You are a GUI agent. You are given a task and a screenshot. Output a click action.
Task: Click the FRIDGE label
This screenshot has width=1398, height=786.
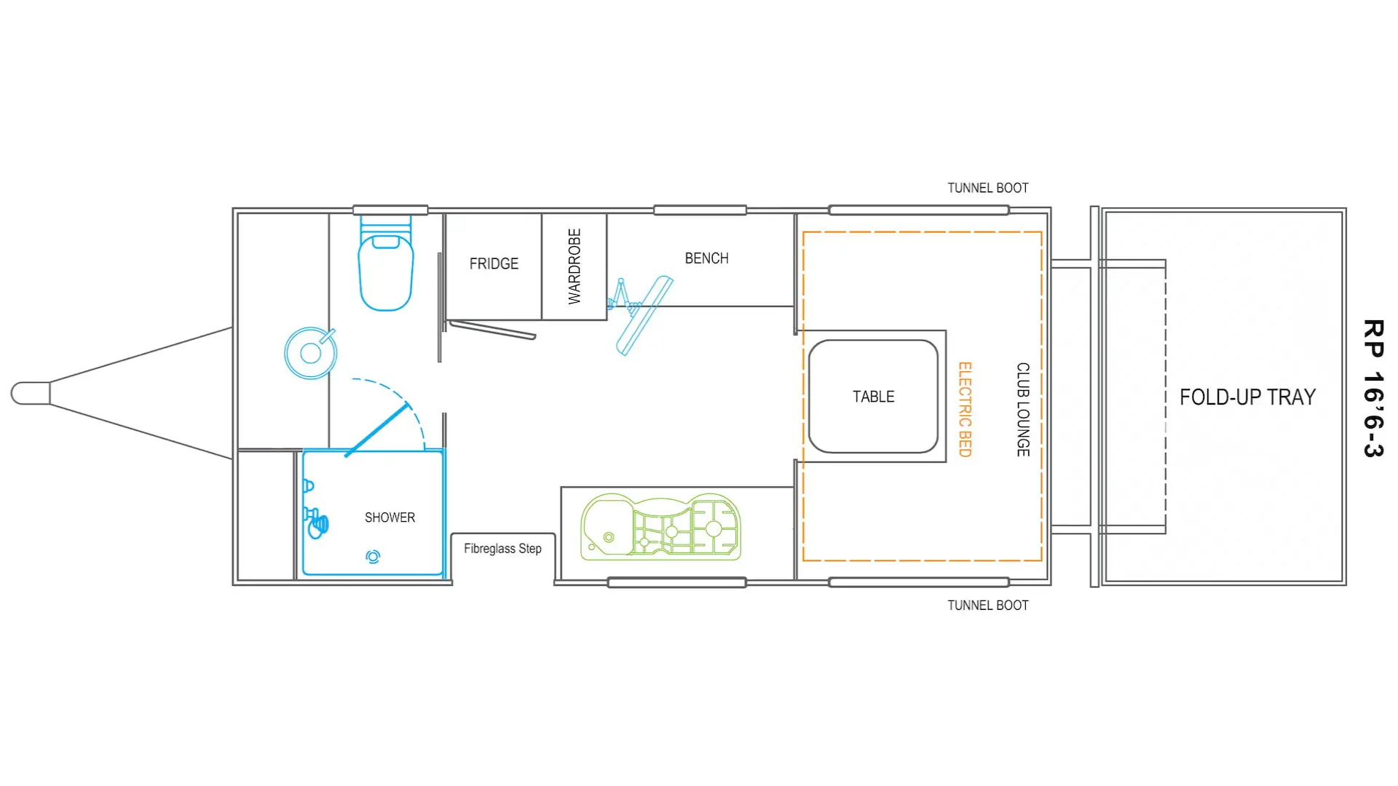pos(494,263)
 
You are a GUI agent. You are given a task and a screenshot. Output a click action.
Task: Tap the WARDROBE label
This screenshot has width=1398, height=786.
pos(574,266)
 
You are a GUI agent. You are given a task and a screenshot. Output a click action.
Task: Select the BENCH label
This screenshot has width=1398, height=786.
pos(706,258)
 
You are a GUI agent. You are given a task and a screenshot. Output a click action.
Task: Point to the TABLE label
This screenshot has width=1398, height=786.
pos(873,397)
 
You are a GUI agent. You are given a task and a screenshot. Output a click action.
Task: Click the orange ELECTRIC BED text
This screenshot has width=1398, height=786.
pos(965,410)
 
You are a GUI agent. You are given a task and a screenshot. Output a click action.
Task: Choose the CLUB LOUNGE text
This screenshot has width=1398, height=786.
pos(1023,410)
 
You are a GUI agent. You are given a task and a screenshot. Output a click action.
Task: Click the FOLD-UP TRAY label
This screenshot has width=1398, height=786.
pos(1247,397)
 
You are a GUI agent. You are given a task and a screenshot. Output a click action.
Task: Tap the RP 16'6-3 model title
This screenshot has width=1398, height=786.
pos(1373,389)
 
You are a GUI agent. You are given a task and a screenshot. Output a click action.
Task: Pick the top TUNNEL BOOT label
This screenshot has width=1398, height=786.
pos(987,188)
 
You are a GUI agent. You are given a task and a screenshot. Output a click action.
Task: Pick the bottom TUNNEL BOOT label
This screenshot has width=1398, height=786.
pos(987,606)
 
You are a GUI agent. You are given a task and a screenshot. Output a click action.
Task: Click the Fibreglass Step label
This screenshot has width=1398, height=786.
pos(502,549)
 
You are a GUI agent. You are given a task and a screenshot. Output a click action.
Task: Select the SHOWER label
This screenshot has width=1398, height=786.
pos(390,517)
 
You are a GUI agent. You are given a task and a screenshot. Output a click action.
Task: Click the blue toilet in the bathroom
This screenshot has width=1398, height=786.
pos(386,263)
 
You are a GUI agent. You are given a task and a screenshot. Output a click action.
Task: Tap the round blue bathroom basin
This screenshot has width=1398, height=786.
pos(311,353)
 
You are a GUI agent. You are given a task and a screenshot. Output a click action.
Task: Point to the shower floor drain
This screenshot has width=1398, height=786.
pos(373,557)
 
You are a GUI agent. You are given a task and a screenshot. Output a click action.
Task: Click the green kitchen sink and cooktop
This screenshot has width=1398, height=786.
pos(660,527)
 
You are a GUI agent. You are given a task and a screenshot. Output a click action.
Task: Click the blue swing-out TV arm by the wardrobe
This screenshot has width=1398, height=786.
pos(640,314)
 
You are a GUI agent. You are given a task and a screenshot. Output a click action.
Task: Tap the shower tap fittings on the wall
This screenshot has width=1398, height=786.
pos(315,509)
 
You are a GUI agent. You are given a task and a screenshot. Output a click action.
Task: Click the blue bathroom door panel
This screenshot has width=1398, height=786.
pos(377,429)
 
